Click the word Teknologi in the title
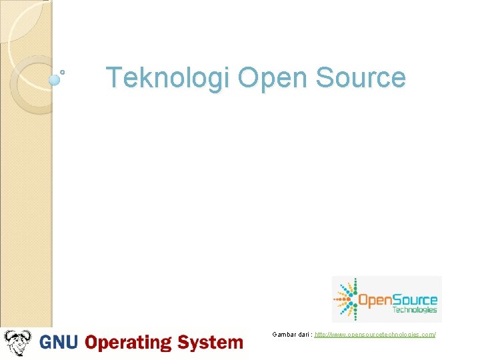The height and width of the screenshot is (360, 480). pyautogui.click(x=169, y=78)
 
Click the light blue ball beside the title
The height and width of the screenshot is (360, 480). pyautogui.click(x=55, y=79)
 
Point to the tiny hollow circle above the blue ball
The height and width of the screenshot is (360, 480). pyautogui.click(x=63, y=71)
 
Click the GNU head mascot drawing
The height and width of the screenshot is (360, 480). pyautogui.click(x=18, y=343)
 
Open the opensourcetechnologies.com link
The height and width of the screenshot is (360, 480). pyautogui.click(x=375, y=333)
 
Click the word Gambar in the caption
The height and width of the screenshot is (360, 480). pyautogui.click(x=283, y=333)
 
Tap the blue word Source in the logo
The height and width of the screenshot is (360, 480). pyautogui.click(x=415, y=301)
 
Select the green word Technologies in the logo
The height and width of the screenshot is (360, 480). pyautogui.click(x=415, y=310)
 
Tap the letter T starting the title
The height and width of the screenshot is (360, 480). pyautogui.click(x=113, y=78)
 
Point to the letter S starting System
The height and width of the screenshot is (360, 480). pyautogui.click(x=184, y=343)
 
